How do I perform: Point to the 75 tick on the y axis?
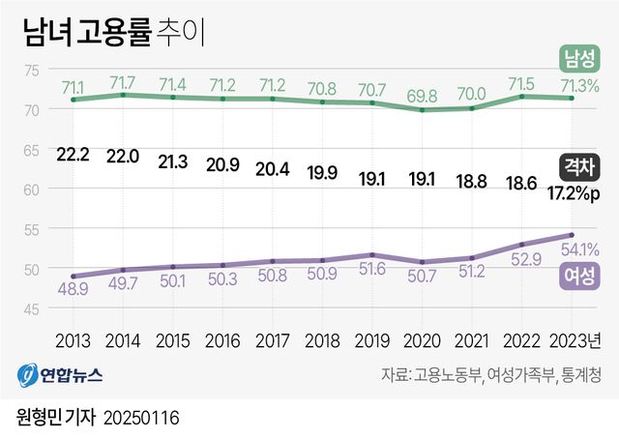pos(32,70)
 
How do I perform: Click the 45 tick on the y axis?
pos(32,308)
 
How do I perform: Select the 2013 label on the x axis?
pos(74,340)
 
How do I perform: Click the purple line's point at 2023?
pos(572,235)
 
